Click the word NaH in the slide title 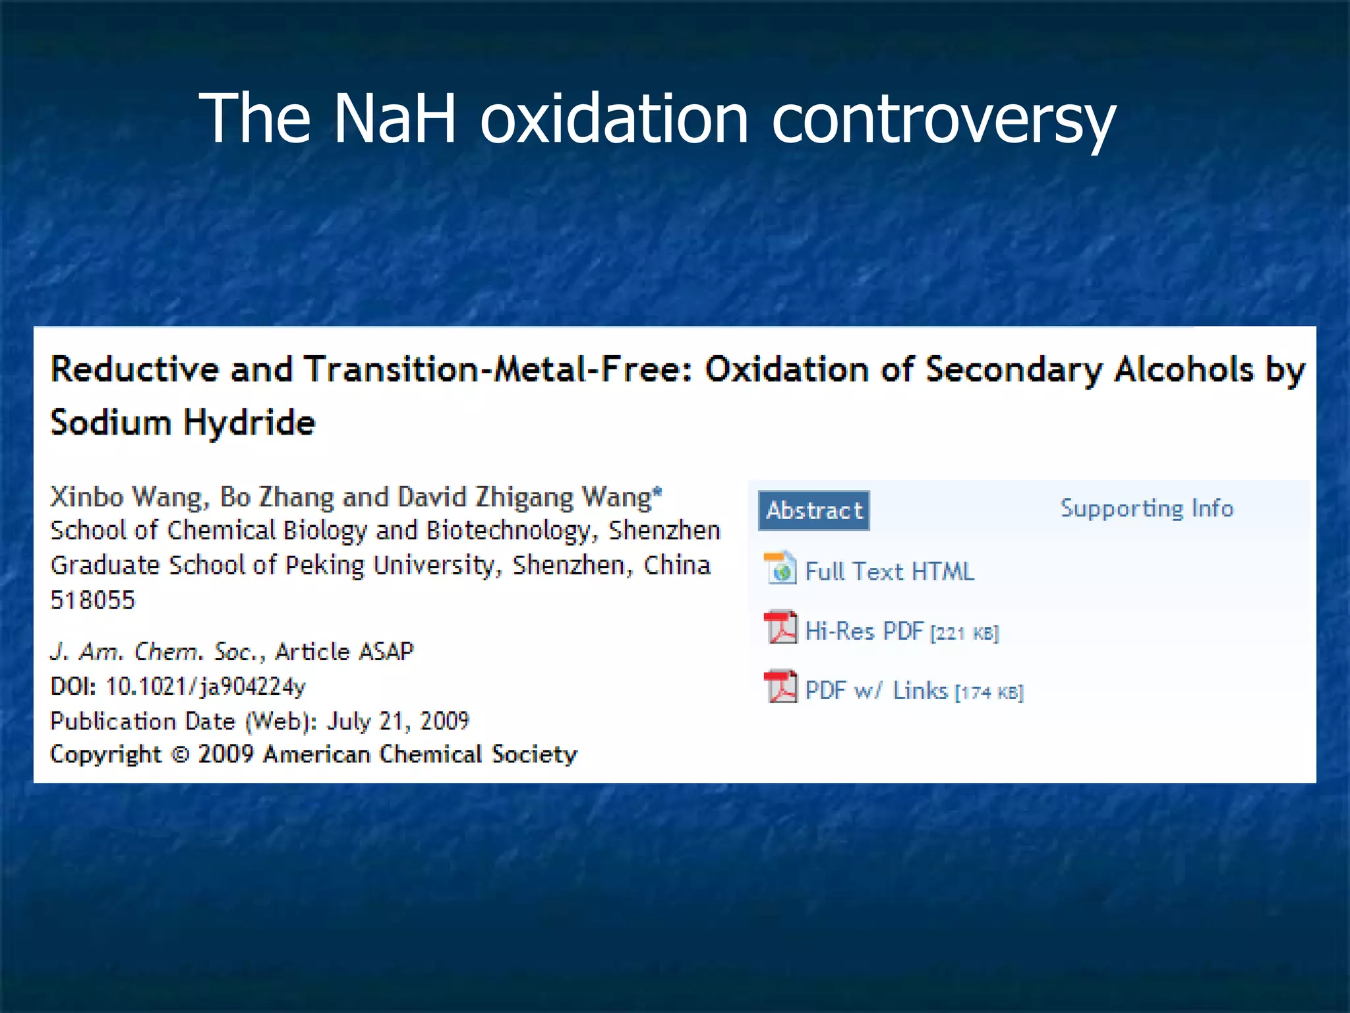pos(394,119)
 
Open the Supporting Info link pos(1146,508)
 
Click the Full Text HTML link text pos(889,571)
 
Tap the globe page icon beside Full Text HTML pos(780,568)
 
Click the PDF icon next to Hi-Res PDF pos(780,627)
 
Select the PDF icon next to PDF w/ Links pos(780,687)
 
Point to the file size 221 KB pos(964,634)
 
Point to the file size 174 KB pos(989,693)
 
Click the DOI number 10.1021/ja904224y pos(205,687)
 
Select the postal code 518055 pos(92,600)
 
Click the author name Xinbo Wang pos(129,497)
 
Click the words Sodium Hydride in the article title pos(183,423)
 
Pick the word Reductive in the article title pos(134,369)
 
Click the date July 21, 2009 pos(397,721)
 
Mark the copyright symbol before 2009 pos(179,754)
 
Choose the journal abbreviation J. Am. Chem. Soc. pos(158,652)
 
